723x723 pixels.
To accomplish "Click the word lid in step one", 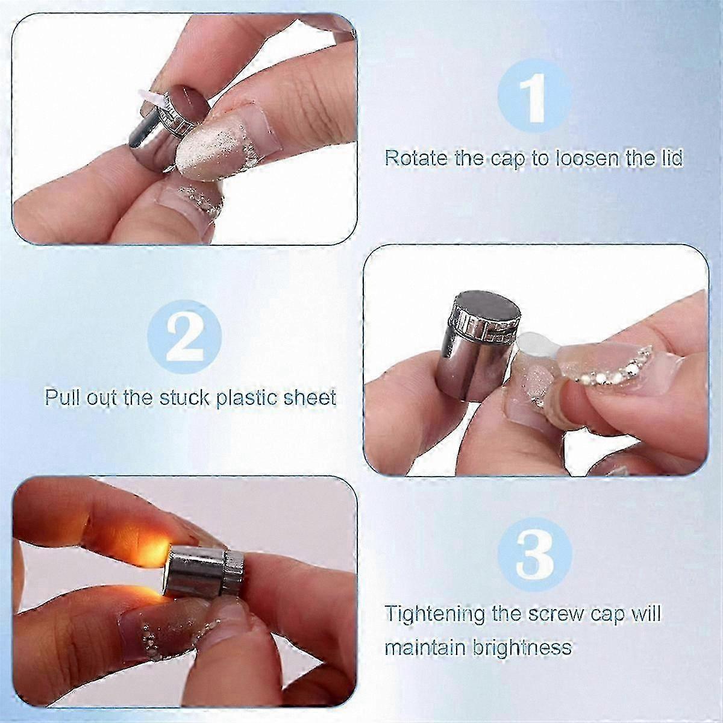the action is click(x=671, y=158).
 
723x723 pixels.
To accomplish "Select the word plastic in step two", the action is click(x=248, y=398).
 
